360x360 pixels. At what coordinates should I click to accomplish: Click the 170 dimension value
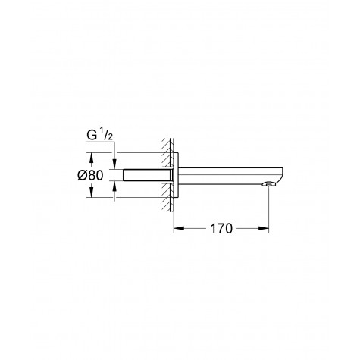tap(221, 227)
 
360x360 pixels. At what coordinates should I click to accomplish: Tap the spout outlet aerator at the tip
tap(266, 184)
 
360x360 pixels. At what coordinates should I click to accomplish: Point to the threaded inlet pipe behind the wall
tap(137, 176)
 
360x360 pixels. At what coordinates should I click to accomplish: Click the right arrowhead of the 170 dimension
tap(266, 227)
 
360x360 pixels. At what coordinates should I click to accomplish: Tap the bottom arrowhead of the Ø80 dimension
tap(92, 195)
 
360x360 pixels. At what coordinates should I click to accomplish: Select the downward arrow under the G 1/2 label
tap(115, 166)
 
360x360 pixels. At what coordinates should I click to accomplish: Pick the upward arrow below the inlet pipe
tap(115, 186)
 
